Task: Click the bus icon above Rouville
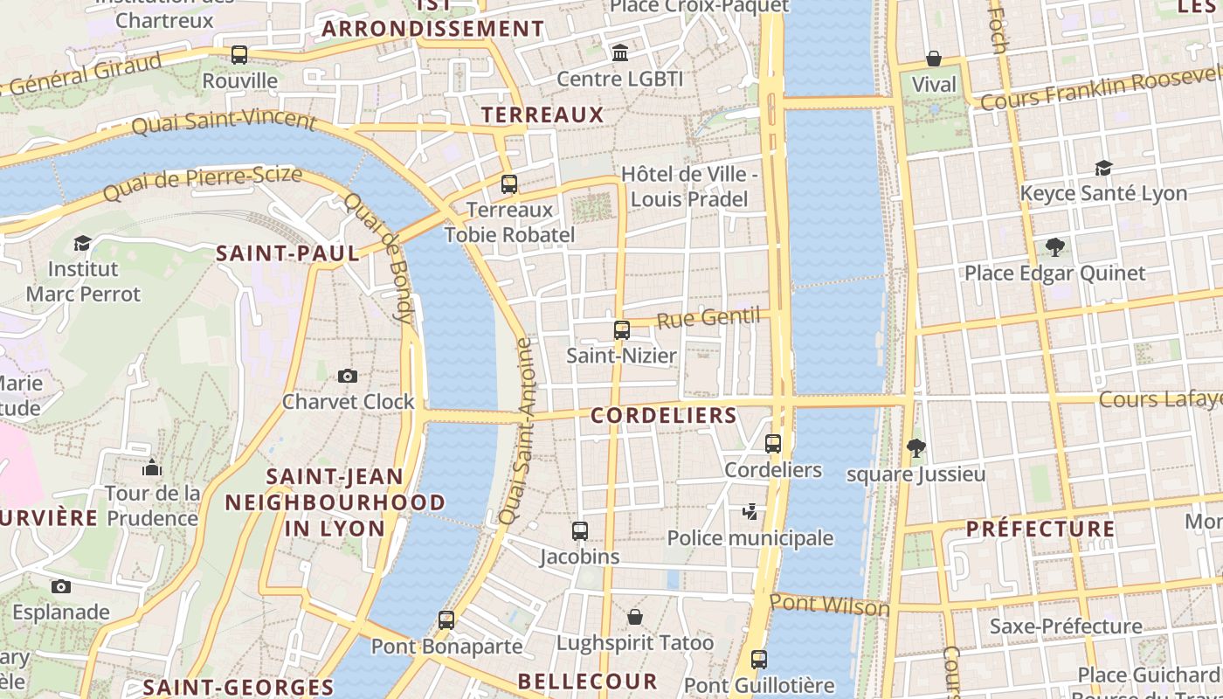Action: tap(239, 55)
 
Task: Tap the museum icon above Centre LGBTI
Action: tap(620, 53)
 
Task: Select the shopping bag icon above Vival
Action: tap(934, 59)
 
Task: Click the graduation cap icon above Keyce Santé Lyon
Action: tap(1103, 168)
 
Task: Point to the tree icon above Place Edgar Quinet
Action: tap(1054, 247)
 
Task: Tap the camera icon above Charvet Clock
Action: tap(348, 376)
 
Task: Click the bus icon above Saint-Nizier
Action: tap(622, 330)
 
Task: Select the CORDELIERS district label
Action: tap(664, 415)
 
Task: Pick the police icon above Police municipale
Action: tap(750, 512)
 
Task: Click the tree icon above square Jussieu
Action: tap(916, 449)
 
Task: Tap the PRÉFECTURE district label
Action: tap(1040, 529)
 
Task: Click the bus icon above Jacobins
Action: tap(580, 531)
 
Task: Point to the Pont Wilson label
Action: tap(829, 605)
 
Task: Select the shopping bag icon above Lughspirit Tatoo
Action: tap(635, 618)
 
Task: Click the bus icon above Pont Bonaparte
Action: tap(446, 620)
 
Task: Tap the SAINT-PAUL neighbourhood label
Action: tap(287, 253)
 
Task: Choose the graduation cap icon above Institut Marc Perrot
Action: tap(83, 243)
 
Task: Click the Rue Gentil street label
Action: tap(708, 318)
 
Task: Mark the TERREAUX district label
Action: tap(542, 114)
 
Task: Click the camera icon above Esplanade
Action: tap(60, 586)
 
